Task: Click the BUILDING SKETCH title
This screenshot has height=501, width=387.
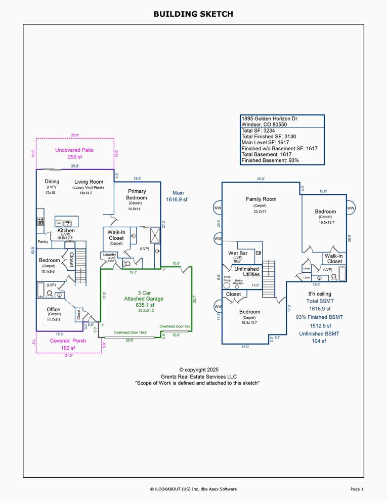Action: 193,14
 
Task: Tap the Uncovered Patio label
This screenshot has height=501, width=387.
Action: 74,150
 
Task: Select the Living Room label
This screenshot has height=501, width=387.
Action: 89,182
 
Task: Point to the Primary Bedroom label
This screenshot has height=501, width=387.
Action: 137,194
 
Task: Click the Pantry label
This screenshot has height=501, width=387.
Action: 43,242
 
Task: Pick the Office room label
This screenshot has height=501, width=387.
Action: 54,309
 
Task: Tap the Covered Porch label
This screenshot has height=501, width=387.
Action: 68,341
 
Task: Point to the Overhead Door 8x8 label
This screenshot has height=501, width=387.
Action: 175,326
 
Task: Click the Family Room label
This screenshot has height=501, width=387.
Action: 261,199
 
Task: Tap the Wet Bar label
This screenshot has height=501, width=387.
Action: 238,253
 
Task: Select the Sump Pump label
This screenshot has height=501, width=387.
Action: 227,278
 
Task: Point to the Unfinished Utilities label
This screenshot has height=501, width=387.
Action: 247,271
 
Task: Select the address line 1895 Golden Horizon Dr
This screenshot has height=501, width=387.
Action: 269,118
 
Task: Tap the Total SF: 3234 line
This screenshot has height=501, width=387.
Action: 258,131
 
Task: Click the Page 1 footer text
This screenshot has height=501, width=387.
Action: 357,489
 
